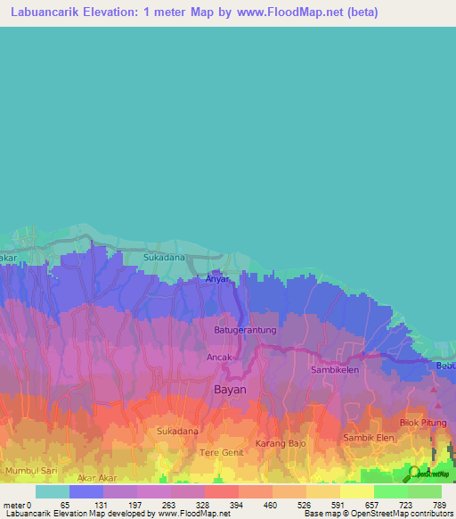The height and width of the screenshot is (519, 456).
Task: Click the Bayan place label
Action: coord(230,390)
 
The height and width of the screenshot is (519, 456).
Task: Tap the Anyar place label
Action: coord(218,279)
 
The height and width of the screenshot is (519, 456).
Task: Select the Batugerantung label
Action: coord(245,330)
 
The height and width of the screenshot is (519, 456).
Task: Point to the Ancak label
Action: coord(219,358)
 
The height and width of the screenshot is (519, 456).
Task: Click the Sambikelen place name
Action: coord(335,368)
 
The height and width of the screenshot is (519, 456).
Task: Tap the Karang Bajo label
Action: coord(281,443)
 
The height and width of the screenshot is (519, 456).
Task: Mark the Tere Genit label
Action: coord(221,453)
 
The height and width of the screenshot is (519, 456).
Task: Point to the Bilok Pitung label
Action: coord(421,422)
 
